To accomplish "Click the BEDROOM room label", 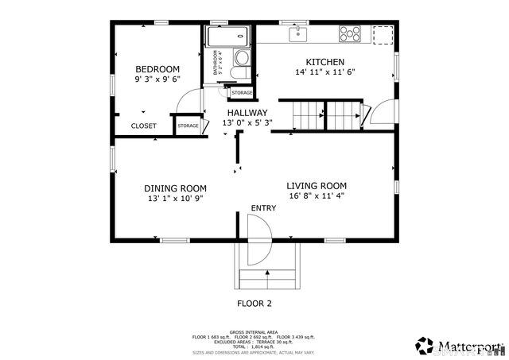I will [157, 69].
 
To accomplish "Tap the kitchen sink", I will [300, 33].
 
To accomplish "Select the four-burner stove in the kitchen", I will [350, 33].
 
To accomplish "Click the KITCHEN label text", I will [325, 62].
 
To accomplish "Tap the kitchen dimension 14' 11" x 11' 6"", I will [324, 72].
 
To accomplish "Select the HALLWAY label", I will [247, 113].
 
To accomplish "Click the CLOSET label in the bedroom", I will [144, 126].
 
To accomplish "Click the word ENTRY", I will [263, 208].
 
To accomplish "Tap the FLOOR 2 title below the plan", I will [254, 304].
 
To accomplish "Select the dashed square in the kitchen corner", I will [383, 34].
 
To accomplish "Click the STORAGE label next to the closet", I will [188, 126].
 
